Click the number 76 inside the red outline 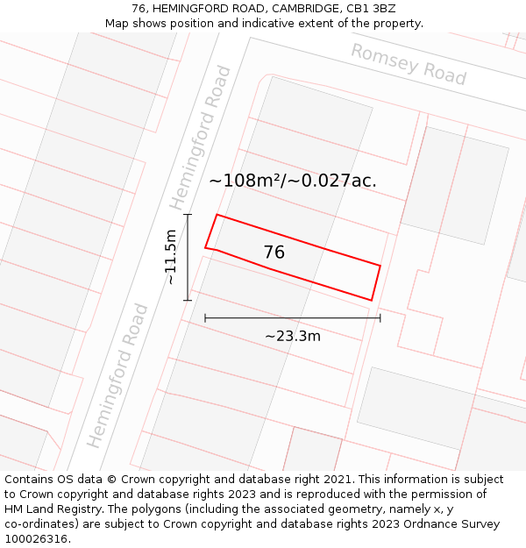pos(274,253)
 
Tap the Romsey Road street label pos(409,64)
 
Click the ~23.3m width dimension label pos(293,336)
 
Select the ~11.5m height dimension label pos(171,257)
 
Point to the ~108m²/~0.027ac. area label pos(293,181)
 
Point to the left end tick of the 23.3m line pos(205,317)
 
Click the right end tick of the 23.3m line pos(380,317)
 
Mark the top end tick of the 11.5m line pos(187,214)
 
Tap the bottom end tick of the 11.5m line pos(187,301)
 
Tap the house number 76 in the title pos(139,9)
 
